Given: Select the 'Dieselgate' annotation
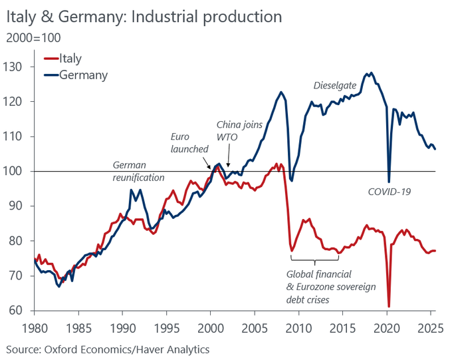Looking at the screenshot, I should click(x=335, y=86).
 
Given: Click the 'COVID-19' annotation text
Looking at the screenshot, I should click(x=390, y=192).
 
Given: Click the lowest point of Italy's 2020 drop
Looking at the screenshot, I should click(x=389, y=306).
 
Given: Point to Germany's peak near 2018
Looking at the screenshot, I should click(x=370, y=73).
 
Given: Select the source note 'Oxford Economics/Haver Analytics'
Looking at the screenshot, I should click(x=108, y=349).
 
